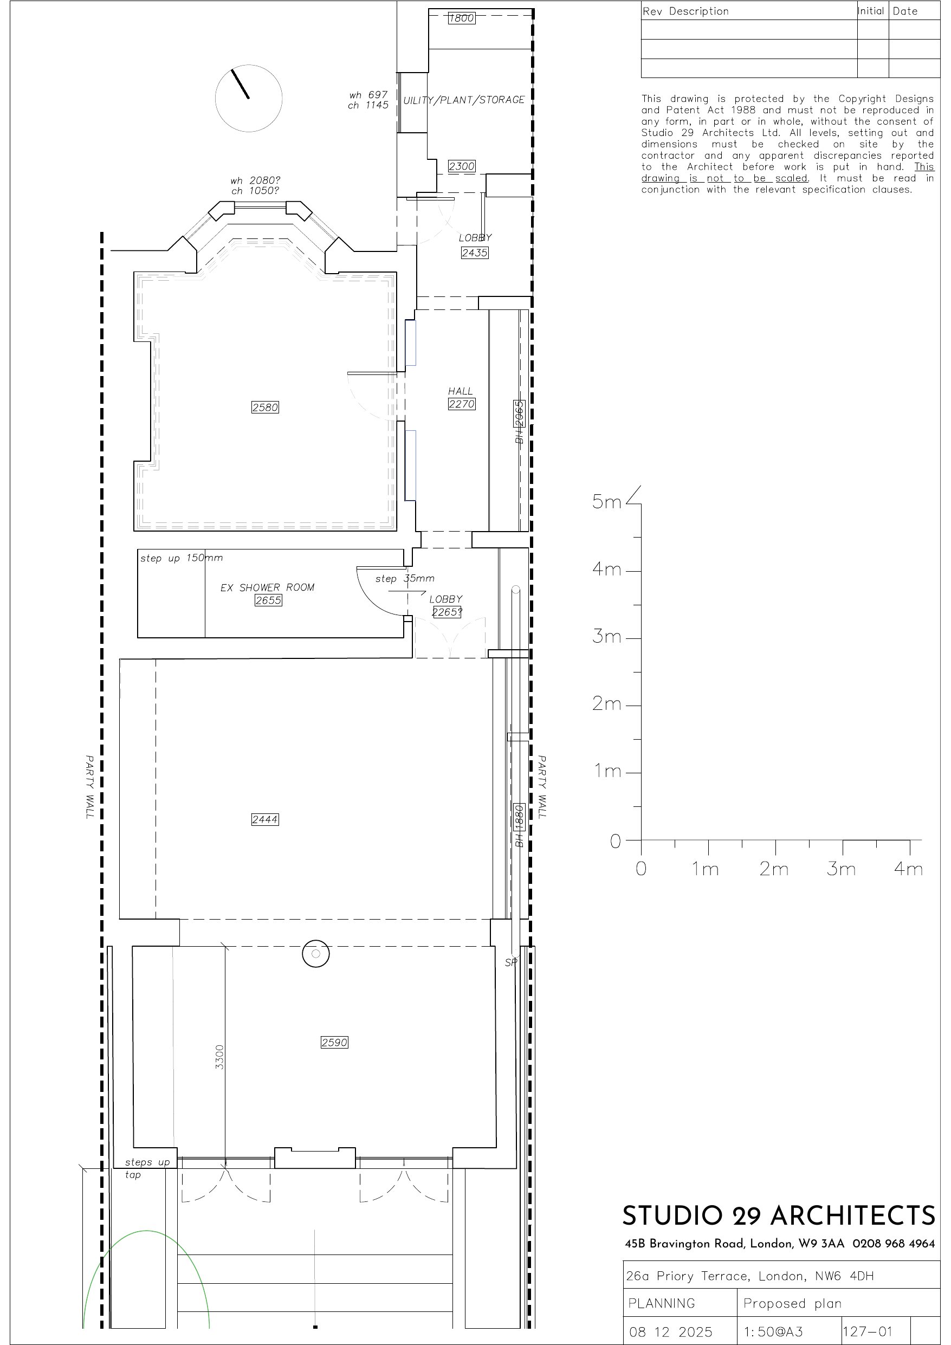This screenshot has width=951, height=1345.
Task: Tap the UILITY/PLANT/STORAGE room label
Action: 463,100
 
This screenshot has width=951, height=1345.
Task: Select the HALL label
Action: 461,391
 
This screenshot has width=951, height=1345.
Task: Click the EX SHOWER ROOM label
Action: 267,587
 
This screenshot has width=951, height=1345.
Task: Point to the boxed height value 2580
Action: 265,407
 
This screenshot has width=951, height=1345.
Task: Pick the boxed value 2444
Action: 265,819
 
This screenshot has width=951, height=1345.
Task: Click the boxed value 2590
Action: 334,1042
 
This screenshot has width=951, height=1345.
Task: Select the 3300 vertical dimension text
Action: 219,1057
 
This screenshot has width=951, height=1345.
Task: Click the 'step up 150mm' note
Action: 182,558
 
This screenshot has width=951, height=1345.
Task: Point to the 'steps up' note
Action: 147,1162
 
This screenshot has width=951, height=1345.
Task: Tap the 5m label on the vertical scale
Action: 606,502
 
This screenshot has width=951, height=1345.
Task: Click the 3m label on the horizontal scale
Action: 842,868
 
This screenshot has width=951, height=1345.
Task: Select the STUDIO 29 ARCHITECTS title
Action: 779,1216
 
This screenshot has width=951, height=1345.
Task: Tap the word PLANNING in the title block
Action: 662,1303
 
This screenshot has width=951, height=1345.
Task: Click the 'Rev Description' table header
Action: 685,11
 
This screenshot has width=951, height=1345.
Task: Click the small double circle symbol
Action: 316,954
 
